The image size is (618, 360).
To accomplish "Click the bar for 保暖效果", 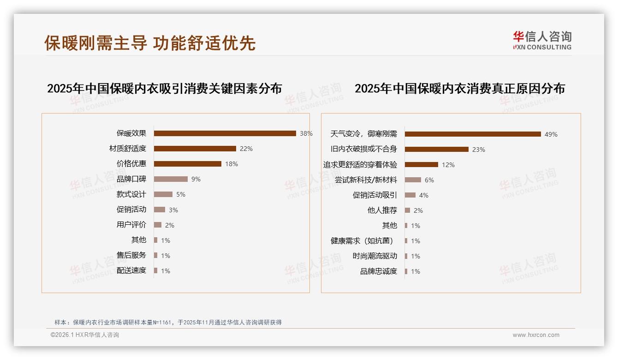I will (225, 133).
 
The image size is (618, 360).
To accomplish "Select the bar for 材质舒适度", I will (195, 149).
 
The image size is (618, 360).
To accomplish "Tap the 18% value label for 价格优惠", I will (232, 164).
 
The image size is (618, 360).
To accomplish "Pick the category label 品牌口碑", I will (131, 179).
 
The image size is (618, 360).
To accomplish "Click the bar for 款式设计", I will (163, 194).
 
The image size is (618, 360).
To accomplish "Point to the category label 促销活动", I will (131, 210).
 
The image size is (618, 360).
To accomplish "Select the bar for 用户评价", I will (158, 225).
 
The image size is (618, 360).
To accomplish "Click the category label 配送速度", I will (131, 270).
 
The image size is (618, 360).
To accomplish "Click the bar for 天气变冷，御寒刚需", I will (473, 134).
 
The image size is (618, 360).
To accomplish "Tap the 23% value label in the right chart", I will (479, 150).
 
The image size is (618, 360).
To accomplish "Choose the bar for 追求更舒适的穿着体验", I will (422, 164).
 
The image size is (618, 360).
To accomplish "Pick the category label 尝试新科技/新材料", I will (366, 180).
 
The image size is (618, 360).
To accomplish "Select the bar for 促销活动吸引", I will (410, 195).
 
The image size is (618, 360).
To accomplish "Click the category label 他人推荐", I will (382, 210).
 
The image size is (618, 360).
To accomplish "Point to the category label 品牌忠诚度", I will (378, 271).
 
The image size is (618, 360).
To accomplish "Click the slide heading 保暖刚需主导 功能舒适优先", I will (150, 43).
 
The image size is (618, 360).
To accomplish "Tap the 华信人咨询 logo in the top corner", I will (542, 40).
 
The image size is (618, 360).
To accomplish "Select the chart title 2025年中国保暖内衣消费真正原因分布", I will (459, 89).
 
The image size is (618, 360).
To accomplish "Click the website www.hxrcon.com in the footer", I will (535, 335).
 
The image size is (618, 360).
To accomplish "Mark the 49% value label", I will (551, 134).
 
